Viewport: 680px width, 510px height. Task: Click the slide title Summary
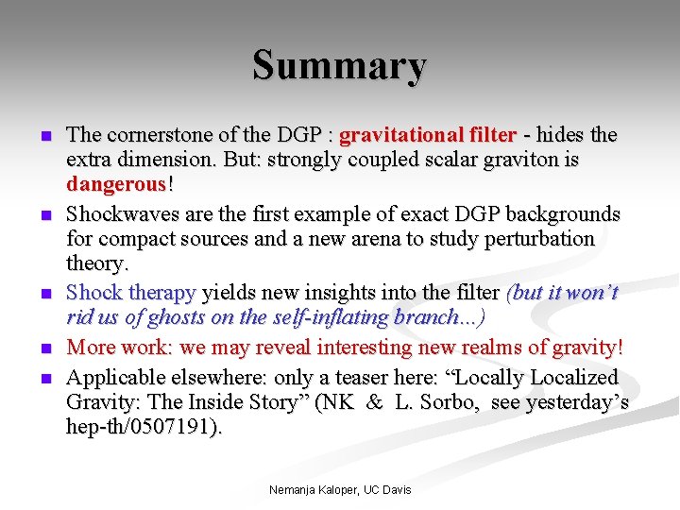pos(339,66)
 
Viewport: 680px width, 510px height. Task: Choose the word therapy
pos(162,293)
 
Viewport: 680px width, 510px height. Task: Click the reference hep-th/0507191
pos(143,427)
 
